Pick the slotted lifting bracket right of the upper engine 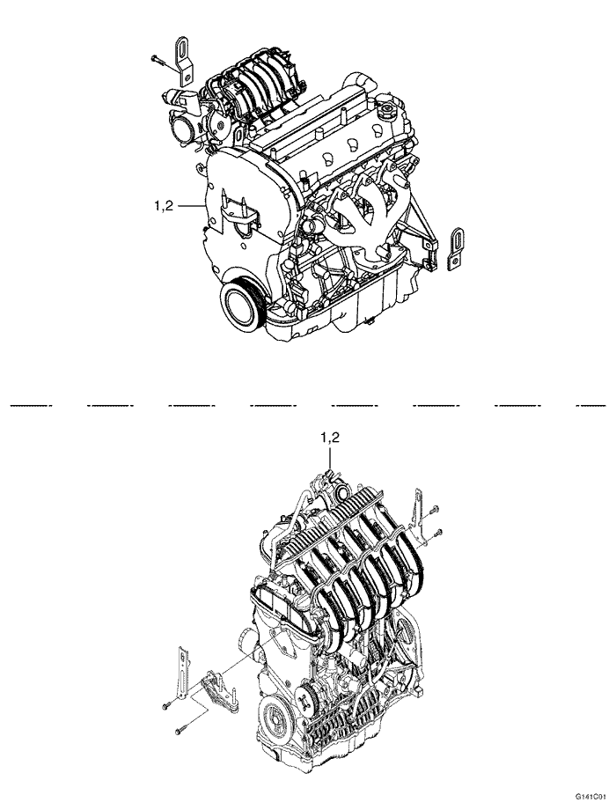(457, 248)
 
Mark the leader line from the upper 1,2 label (192, 206)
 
